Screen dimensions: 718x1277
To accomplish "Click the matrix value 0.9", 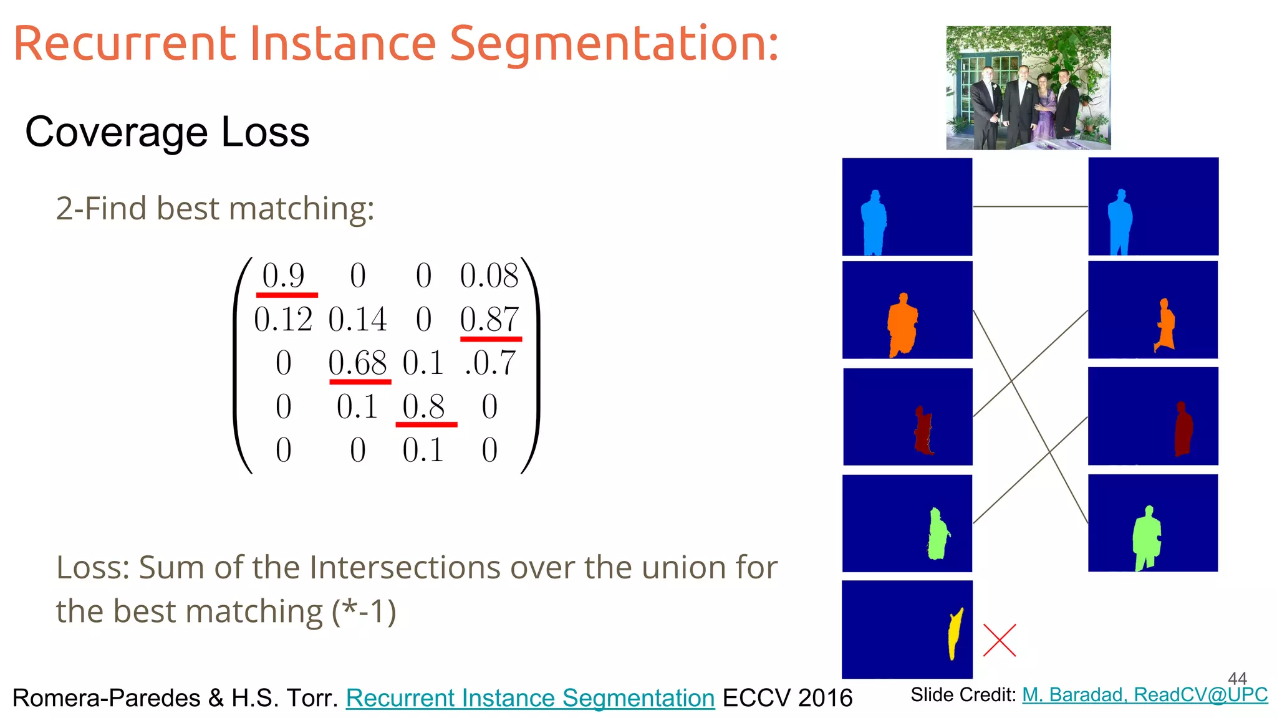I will (283, 275).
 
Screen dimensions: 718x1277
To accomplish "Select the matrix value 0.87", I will (489, 319).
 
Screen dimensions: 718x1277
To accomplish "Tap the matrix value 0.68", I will (358, 363).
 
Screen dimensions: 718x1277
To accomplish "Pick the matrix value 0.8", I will (423, 406).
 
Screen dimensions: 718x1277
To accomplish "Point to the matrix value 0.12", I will (283, 319).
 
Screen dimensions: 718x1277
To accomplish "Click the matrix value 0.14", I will (358, 319).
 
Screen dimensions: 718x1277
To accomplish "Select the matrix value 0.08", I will (489, 275).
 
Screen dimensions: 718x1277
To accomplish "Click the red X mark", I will (1000, 640).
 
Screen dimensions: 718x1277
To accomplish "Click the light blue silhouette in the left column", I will (874, 223).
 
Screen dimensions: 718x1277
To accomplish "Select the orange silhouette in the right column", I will (1164, 326).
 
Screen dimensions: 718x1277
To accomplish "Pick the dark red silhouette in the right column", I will (1182, 430).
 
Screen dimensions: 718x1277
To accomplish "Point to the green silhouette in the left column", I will (937, 535).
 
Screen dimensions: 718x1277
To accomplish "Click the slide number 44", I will (1237, 678).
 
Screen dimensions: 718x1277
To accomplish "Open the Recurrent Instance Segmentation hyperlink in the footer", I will (530, 698).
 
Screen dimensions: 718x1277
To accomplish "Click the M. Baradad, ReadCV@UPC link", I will (1145, 694).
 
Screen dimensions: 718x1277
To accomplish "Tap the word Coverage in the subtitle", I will (116, 132).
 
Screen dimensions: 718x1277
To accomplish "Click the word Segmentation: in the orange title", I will (614, 45).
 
